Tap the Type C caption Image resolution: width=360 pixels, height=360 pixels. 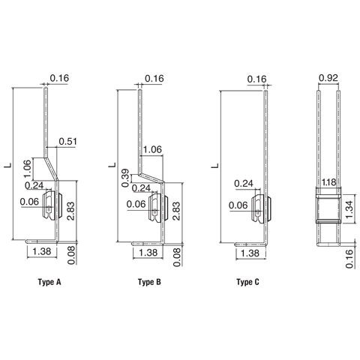tap(248, 283)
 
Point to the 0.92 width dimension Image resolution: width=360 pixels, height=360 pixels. tap(328, 78)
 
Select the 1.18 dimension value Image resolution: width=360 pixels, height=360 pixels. tap(328, 182)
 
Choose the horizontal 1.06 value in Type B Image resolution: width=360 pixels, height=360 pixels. tap(152, 148)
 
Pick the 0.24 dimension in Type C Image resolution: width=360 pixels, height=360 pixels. tap(242, 183)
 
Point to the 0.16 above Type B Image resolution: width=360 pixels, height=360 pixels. tap(154, 79)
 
